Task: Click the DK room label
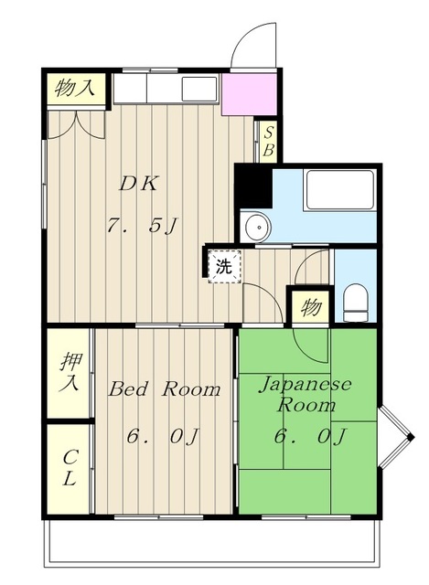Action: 138,184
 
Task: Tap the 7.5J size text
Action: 142,226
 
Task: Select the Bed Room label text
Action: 165,389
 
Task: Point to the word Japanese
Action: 306,386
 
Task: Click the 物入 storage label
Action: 74,89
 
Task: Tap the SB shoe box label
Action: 268,142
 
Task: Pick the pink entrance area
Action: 249,94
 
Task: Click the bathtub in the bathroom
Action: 339,190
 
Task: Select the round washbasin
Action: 258,227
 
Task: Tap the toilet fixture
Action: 355,303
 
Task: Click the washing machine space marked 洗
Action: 224,267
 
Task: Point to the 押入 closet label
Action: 70,373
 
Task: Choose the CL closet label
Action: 70,468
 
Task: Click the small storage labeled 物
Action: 311,308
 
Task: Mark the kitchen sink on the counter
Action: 199,90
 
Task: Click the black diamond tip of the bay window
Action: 411,437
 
